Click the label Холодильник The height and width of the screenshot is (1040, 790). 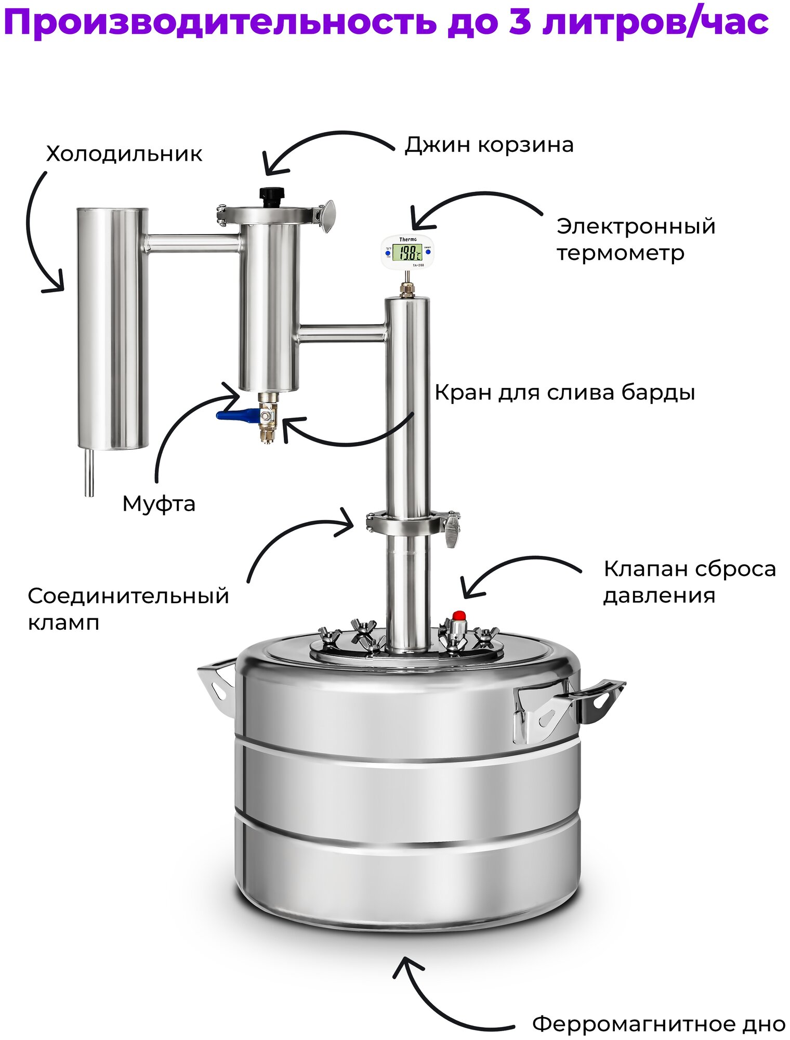[x=124, y=154]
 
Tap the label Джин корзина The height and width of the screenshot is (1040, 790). [x=489, y=145]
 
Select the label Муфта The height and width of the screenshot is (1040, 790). [x=159, y=504]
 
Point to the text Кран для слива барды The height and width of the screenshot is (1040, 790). [x=564, y=393]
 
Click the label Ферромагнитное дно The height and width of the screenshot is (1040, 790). [x=659, y=1024]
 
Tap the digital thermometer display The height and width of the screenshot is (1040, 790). [x=407, y=253]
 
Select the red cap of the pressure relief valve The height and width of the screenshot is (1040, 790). [x=458, y=616]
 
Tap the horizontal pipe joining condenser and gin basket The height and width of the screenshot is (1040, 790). [x=192, y=243]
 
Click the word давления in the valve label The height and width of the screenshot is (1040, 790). [x=659, y=595]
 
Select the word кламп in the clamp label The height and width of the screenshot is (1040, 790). [x=63, y=622]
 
